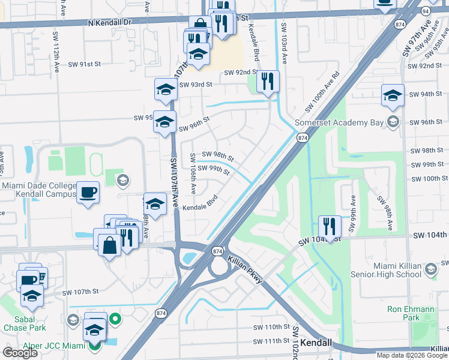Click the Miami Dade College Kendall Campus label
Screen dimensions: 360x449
pyautogui.click(x=38, y=189)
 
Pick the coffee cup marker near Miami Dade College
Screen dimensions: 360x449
pyautogui.click(x=88, y=193)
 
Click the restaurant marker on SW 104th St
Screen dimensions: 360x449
pyautogui.click(x=329, y=226)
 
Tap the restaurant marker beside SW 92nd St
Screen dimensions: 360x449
pyautogui.click(x=268, y=81)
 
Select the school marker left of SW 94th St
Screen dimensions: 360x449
pyautogui.click(x=393, y=95)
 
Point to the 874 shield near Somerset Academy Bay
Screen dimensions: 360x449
pyautogui.click(x=302, y=138)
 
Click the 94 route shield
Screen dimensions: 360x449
pyautogui.click(x=425, y=10)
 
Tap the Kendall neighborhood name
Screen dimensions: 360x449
pyautogui.click(x=315, y=342)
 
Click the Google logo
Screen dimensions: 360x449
pyautogui.click(x=20, y=353)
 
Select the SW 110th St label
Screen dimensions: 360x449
pyautogui.click(x=271, y=327)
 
